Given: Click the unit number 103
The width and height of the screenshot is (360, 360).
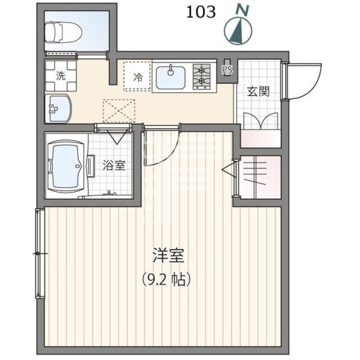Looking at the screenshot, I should coord(201,12).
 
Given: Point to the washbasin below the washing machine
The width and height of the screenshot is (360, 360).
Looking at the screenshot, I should coord(59,108).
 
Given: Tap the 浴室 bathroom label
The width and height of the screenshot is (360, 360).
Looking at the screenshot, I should coord(114,165).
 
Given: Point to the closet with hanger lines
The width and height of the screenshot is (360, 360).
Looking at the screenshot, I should coord(260,177).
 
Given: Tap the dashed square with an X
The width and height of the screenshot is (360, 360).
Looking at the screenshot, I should coord(119,111).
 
